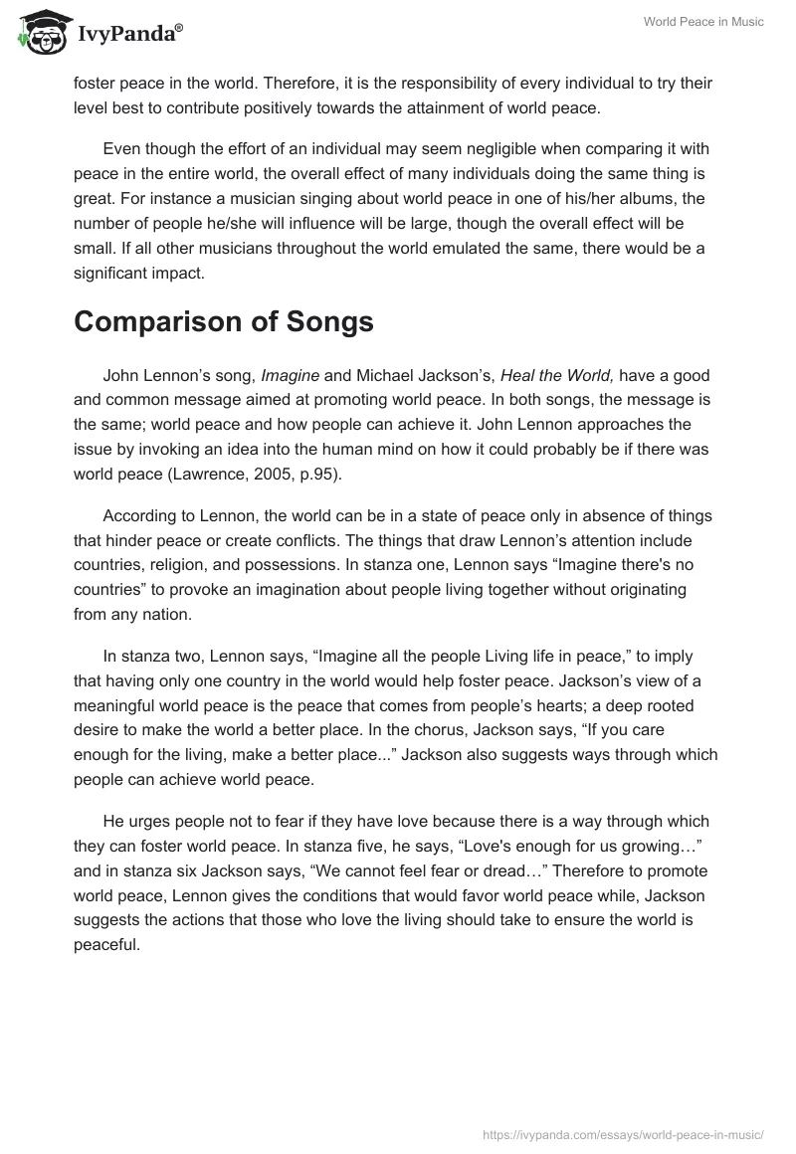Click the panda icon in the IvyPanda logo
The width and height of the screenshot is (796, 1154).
pyautogui.click(x=39, y=33)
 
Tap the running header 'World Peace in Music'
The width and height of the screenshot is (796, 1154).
pyautogui.click(x=704, y=22)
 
